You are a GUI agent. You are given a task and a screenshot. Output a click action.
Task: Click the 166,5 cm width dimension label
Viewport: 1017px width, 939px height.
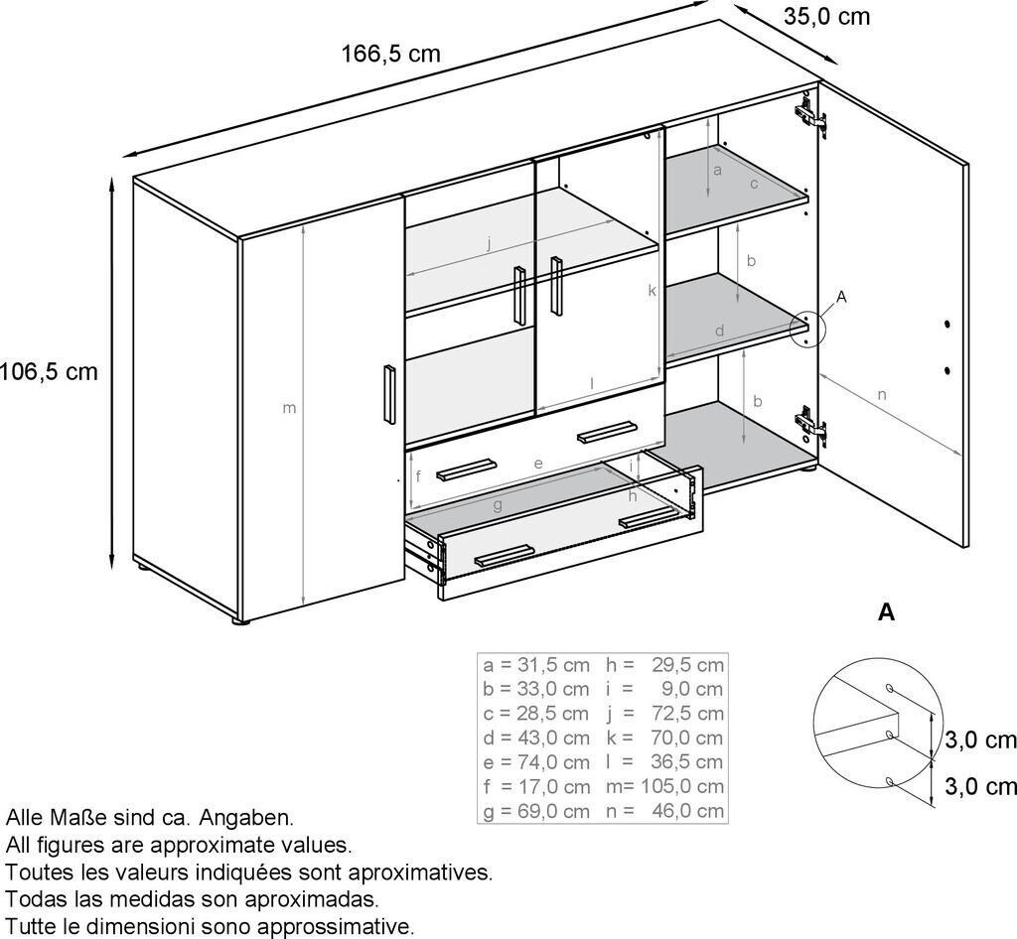pos(390,54)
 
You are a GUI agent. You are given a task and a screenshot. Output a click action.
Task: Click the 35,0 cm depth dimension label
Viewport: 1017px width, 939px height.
pos(826,16)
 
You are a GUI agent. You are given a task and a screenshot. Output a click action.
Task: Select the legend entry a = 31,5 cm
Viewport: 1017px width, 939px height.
pos(536,664)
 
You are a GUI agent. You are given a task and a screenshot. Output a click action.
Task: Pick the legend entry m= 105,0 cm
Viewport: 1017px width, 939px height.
pos(664,786)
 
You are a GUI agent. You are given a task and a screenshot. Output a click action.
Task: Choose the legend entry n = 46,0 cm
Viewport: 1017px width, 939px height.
pos(664,811)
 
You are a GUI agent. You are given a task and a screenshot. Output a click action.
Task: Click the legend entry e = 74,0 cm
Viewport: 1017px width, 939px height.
pos(536,762)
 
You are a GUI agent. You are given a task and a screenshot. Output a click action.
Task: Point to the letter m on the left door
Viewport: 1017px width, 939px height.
pos(290,408)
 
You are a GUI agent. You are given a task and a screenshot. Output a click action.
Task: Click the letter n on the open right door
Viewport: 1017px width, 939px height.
pos(882,395)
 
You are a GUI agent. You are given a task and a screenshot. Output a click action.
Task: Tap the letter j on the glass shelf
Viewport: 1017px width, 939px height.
pos(489,242)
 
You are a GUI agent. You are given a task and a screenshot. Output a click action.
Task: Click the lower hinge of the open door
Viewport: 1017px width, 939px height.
pos(810,425)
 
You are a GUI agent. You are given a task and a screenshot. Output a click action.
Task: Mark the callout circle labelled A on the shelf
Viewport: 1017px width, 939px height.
pos(806,329)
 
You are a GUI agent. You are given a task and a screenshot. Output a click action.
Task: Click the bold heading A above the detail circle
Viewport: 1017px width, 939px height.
pos(886,612)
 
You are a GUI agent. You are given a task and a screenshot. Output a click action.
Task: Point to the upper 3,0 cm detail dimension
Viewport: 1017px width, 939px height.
pos(980,740)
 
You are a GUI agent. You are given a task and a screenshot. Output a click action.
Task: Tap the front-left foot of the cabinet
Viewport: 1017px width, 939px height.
pos(239,621)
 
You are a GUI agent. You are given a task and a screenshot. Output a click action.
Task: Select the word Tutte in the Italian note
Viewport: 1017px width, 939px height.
pos(33,927)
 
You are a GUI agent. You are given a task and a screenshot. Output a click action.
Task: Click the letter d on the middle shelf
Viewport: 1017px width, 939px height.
pos(720,330)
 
